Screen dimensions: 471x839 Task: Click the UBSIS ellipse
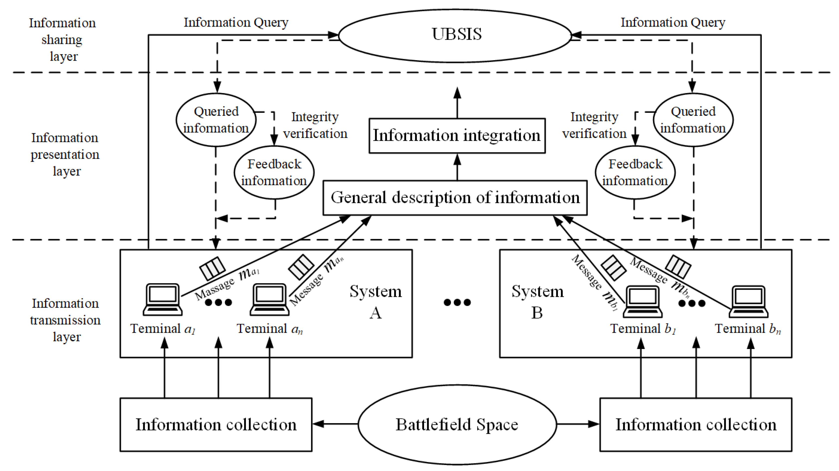456,35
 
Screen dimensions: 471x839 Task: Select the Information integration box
457,135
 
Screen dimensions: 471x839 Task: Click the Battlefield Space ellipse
457,424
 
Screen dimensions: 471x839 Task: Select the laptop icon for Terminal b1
642,302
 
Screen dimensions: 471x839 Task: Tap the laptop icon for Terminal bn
748,302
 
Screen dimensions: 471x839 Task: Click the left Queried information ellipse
216,120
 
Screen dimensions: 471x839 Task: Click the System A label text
376,302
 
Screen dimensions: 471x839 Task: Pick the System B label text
537,302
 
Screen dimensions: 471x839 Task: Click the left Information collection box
216,424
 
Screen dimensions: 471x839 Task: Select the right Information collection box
696,424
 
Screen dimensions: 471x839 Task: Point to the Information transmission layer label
65,320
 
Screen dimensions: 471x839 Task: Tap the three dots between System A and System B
457,302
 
